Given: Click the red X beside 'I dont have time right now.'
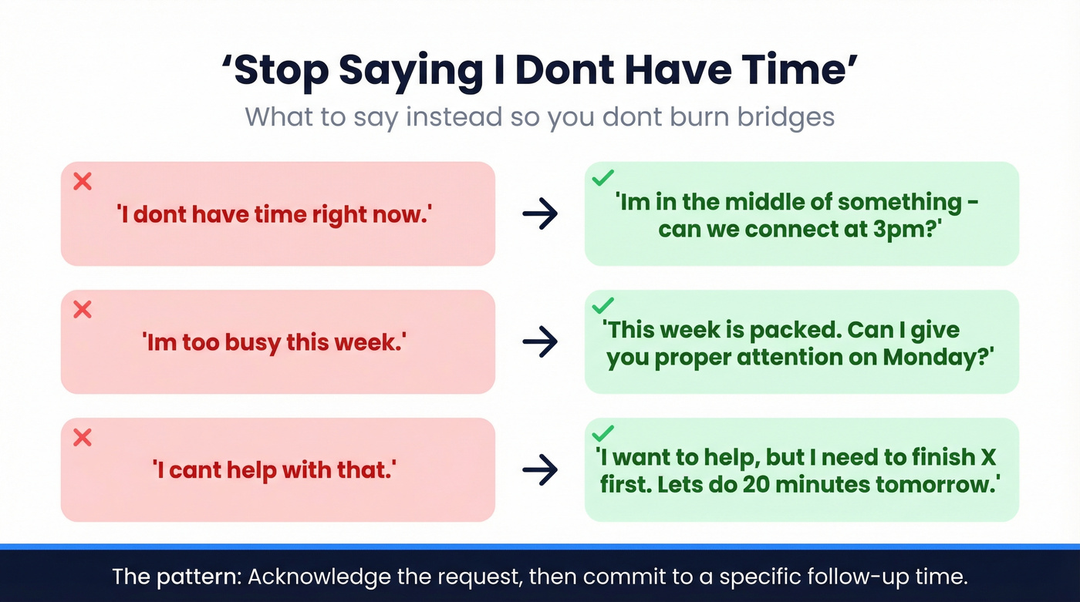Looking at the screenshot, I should tap(82, 182).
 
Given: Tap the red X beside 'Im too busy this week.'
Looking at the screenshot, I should tap(82, 310).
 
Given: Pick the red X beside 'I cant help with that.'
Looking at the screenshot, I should tap(82, 438).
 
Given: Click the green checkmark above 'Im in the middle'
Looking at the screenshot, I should tap(602, 179).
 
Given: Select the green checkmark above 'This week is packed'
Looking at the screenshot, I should tap(602, 306).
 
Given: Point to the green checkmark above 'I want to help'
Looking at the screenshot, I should tap(602, 434).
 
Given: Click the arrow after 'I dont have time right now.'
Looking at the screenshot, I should tap(540, 214).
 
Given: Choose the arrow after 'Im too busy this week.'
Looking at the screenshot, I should tap(540, 342).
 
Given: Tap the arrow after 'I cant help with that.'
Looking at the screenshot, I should tap(540, 470).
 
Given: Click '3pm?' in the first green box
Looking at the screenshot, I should tap(907, 229).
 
